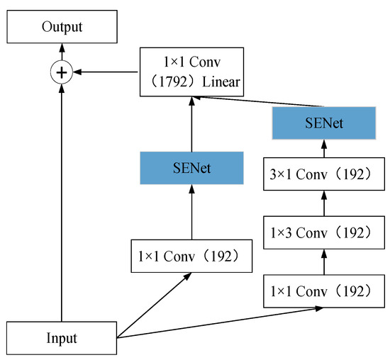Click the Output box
61,28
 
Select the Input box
61,337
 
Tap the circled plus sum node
61,72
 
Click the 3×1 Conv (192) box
324,174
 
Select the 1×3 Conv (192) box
324,232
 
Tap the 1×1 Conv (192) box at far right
324,291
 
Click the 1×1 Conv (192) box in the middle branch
191,255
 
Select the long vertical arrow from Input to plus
61,206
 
